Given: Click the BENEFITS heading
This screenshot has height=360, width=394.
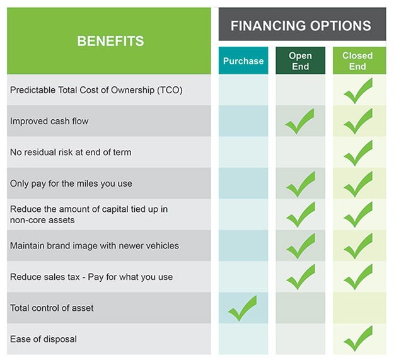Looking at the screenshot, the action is pyautogui.click(x=110, y=41).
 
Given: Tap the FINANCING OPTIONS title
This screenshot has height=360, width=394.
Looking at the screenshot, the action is pyautogui.click(x=301, y=26).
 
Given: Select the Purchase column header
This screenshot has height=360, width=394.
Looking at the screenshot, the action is pyautogui.click(x=243, y=61).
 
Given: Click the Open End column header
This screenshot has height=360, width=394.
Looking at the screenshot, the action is pyautogui.click(x=300, y=61).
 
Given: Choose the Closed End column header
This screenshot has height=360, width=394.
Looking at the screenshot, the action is pyautogui.click(x=357, y=61).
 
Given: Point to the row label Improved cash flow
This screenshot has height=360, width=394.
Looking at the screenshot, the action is pyautogui.click(x=49, y=121).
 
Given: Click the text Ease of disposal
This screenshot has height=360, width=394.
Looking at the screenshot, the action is pyautogui.click(x=43, y=339).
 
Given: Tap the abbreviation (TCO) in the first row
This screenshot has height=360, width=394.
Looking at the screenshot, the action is pyautogui.click(x=170, y=90).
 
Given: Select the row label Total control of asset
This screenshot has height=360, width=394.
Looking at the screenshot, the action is pyautogui.click(x=52, y=308).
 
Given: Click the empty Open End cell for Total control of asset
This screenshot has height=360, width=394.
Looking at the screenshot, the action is pyautogui.click(x=300, y=308).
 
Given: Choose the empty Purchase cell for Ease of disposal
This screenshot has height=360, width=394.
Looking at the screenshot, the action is pyautogui.click(x=243, y=339).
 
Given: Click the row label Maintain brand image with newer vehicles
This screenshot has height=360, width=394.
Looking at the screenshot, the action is pyautogui.click(x=95, y=246).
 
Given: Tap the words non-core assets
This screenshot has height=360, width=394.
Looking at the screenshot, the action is pyautogui.click(x=42, y=220).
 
